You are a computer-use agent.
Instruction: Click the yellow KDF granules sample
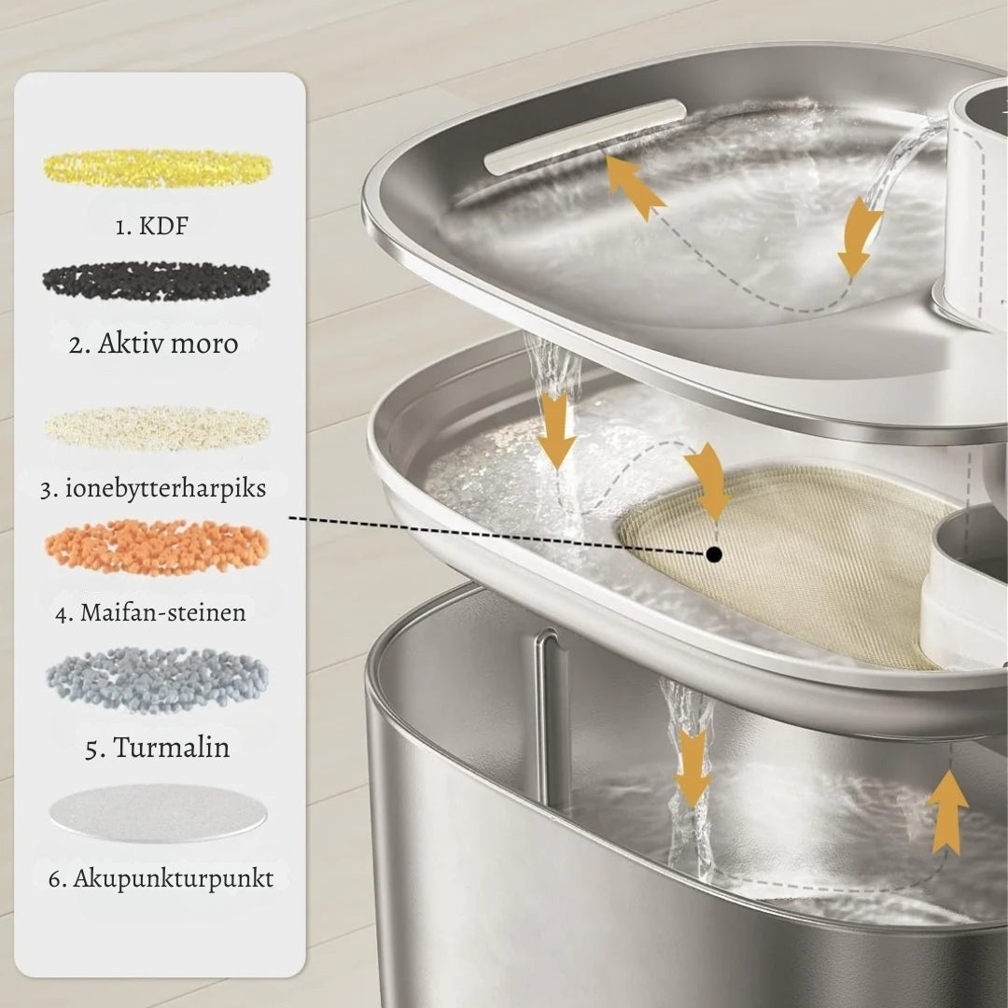[158, 168]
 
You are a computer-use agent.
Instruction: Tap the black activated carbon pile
[156, 281]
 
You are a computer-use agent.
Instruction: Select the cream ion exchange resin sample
[158, 427]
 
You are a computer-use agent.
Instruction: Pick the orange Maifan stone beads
[157, 547]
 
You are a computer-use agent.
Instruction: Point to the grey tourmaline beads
[158, 679]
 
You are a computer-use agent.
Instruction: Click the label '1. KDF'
[152, 226]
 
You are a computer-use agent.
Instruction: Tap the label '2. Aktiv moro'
[154, 343]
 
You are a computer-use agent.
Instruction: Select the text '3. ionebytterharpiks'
[153, 488]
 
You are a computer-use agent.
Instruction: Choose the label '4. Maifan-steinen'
[151, 611]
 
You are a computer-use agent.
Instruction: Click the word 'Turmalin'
[172, 747]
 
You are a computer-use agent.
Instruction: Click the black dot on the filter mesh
[713, 553]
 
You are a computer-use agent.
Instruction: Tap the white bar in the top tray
[581, 135]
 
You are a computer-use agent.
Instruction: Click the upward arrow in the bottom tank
[947, 813]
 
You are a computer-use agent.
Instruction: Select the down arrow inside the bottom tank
[693, 767]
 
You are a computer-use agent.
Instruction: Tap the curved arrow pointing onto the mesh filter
[708, 479]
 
